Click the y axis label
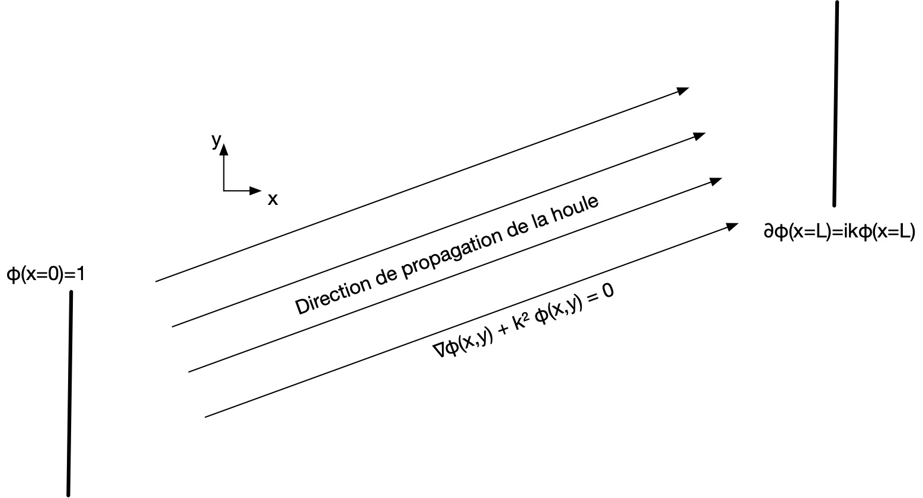(216, 141)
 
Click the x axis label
(273, 200)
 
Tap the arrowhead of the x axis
(255, 191)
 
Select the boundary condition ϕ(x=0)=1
(46, 274)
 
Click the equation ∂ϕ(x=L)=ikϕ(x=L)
(839, 232)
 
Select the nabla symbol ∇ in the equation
(440, 350)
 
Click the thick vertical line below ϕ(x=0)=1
(70, 394)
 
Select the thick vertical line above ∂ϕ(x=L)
(836, 104)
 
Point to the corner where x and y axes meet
(224, 191)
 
